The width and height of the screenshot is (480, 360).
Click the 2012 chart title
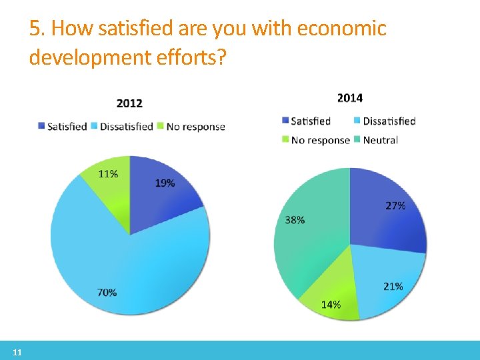129,103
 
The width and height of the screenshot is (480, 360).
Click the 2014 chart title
350,98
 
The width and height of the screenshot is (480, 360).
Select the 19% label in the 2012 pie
165,183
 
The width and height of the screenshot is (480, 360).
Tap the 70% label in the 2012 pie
107,292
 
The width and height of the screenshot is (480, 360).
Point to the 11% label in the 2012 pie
108,174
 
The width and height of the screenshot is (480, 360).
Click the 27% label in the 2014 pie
395,206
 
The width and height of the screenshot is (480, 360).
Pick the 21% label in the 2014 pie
393,286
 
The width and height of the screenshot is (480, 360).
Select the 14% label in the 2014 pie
331,305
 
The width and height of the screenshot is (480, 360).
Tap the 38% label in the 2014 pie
295,219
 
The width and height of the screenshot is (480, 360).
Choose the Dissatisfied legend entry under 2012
126,126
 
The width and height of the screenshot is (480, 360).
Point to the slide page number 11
17,352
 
